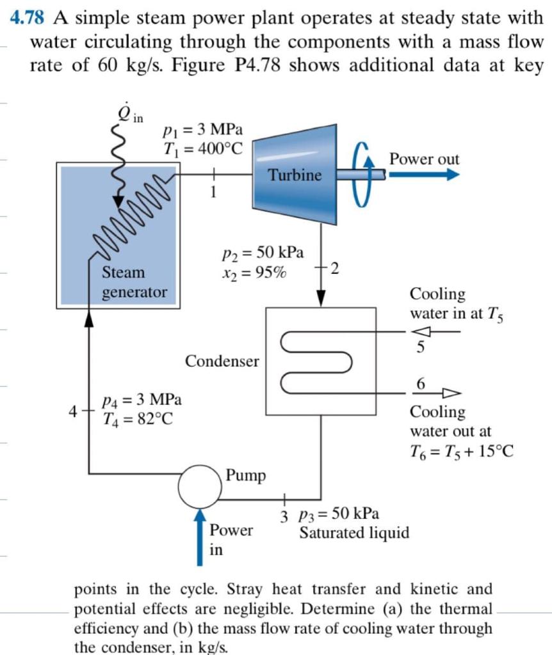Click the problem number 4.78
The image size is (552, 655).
click(29, 18)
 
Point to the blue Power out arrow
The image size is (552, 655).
click(423, 175)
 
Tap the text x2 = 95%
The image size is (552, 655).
click(254, 272)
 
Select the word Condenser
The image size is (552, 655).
click(222, 361)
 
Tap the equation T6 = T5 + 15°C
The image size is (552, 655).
click(462, 452)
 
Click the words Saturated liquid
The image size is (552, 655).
click(355, 533)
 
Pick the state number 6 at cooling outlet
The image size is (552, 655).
click(421, 383)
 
